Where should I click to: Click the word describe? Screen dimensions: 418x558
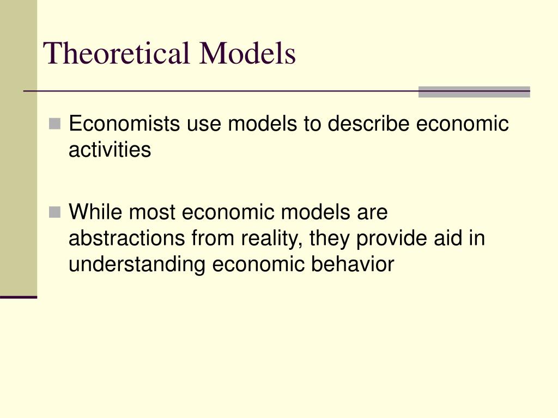(x=369, y=124)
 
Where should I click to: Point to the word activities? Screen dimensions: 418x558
(x=110, y=150)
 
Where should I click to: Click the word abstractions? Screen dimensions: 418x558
(x=126, y=238)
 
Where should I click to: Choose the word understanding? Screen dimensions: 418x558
(x=137, y=265)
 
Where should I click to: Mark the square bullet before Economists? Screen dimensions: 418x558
(x=54, y=124)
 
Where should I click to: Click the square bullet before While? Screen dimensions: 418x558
(x=54, y=212)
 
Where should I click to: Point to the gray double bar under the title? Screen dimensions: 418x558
(x=474, y=92)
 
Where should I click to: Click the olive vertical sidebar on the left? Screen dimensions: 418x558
(x=19, y=147)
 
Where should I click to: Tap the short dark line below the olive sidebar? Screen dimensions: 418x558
(x=19, y=297)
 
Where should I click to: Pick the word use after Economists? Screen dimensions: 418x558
(x=204, y=124)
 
